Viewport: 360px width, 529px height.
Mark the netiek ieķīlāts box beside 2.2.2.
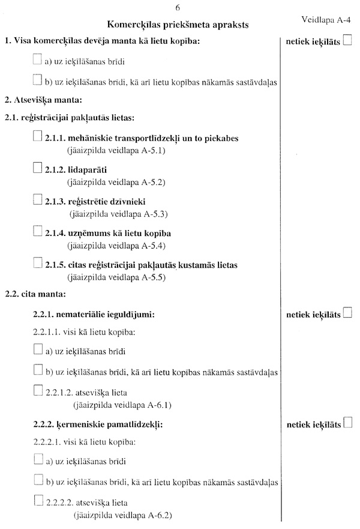click(347, 423)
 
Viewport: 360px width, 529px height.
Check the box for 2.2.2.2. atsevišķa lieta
click(38, 501)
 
